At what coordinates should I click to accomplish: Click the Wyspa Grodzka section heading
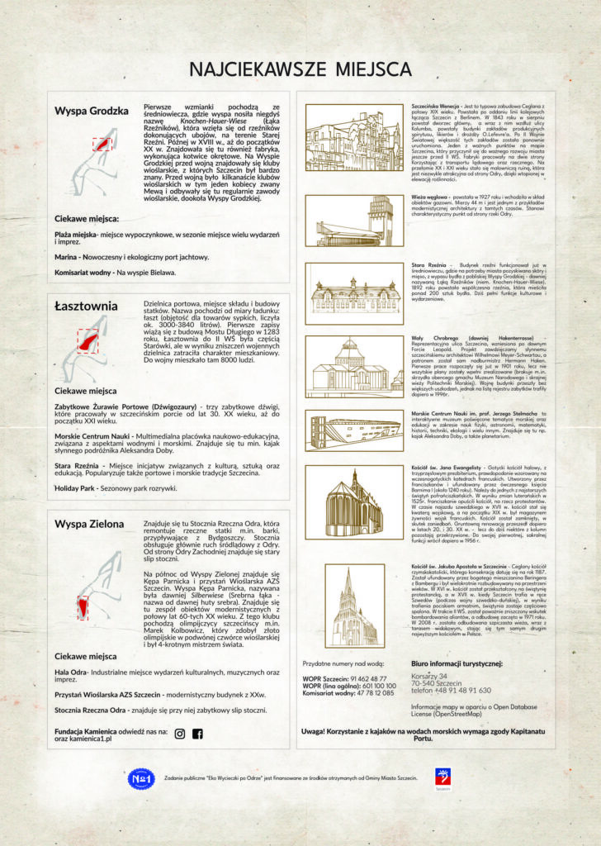pyautogui.click(x=92, y=111)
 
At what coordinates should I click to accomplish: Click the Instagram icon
pyautogui.click(x=180, y=734)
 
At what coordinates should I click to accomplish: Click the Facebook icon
pyautogui.click(x=197, y=734)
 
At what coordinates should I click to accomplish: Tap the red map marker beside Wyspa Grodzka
pyautogui.click(x=102, y=143)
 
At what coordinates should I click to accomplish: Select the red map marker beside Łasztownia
pyautogui.click(x=88, y=338)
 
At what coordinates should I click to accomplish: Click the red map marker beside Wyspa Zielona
pyautogui.click(x=83, y=608)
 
